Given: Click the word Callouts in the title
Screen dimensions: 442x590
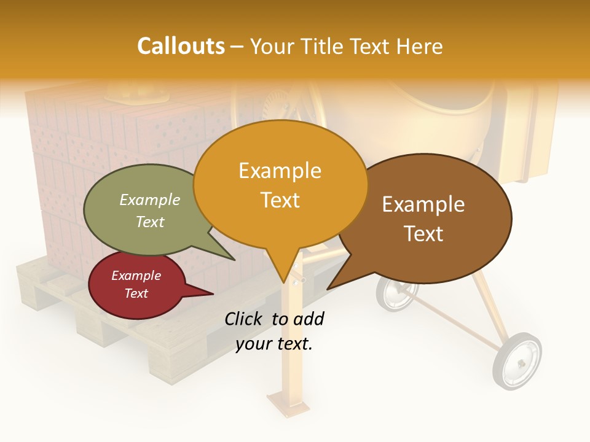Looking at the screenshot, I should click(181, 46).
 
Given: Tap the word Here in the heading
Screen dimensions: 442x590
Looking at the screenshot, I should click(420, 47).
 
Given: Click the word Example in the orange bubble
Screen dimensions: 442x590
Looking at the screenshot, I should click(280, 171).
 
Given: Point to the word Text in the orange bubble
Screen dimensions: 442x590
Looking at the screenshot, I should click(280, 200).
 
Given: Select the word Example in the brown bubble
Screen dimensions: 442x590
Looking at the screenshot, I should click(423, 204).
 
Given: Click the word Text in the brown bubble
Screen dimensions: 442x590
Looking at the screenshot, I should click(423, 234).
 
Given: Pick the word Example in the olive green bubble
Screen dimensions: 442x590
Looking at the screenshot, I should click(150, 200).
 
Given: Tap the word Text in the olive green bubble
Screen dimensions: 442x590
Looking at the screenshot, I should click(150, 222).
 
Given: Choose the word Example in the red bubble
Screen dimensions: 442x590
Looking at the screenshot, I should click(136, 276).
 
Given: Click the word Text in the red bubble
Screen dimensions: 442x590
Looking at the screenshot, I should click(136, 293).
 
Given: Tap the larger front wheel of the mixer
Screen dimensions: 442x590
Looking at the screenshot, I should click(517, 361).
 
